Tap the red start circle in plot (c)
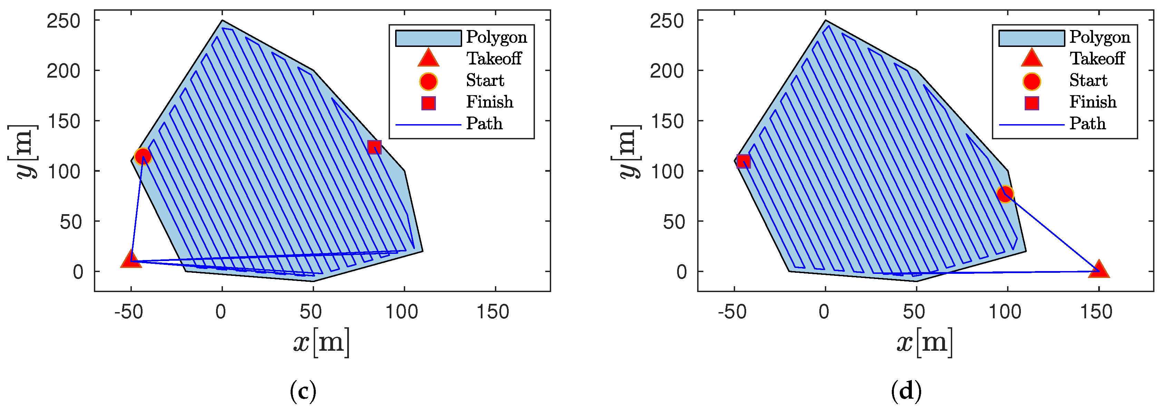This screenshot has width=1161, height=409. (143, 156)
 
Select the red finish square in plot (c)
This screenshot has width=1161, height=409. (374, 147)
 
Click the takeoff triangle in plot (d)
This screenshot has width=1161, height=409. (1098, 269)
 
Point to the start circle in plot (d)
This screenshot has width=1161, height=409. (1005, 194)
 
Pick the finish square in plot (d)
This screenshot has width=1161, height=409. (743, 161)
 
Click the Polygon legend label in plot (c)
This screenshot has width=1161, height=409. (496, 37)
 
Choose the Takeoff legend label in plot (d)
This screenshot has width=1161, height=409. (1097, 59)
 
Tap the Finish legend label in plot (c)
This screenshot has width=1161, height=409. (489, 102)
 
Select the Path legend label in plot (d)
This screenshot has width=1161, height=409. (1087, 123)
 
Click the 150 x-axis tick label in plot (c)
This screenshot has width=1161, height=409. (493, 312)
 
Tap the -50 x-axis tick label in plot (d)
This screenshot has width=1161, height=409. (731, 312)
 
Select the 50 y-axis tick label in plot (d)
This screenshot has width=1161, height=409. (674, 222)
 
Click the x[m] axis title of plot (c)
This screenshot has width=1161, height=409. (321, 342)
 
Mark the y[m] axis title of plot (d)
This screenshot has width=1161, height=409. (626, 151)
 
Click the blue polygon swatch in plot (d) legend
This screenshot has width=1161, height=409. (1031, 38)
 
